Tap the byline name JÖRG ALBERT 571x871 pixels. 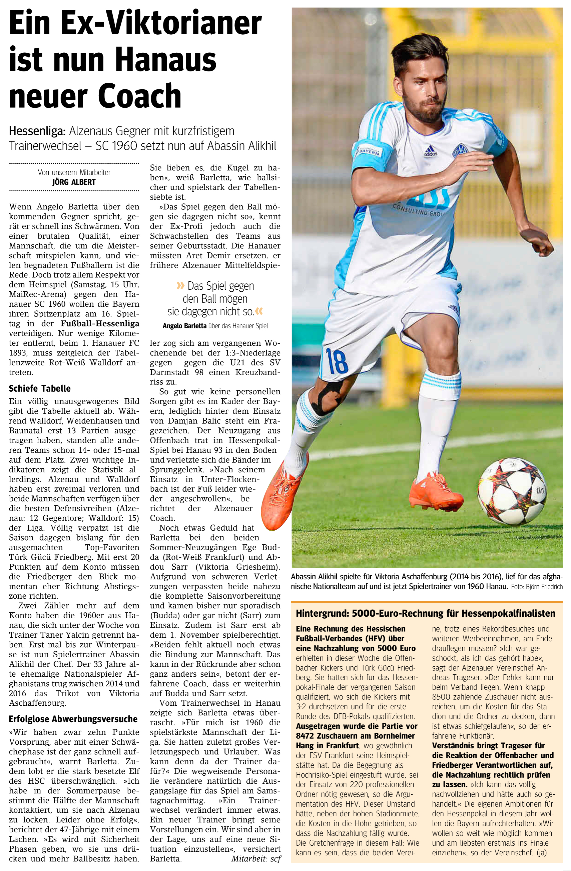click(74, 182)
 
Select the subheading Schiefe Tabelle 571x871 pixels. click(40, 388)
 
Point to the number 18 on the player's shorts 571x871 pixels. click(336, 361)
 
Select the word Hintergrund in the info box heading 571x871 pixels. click(321, 613)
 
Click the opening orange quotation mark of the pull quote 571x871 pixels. click(180, 286)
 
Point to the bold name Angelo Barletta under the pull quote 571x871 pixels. click(184, 326)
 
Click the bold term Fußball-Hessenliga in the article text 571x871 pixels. click(100, 324)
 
